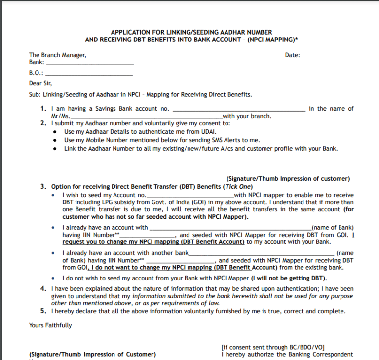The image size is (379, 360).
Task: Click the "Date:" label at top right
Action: coord(292,55)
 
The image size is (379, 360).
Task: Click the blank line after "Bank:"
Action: coord(89,64)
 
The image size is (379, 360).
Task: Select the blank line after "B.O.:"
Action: coord(88,74)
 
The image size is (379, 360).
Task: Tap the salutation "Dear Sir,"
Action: coord(40,83)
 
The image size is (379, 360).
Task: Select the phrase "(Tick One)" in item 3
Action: coord(238,187)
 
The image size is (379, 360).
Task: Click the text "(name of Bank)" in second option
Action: coord(333,228)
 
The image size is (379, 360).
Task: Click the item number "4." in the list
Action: coord(43,288)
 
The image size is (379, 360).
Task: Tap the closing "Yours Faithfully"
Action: coord(50,325)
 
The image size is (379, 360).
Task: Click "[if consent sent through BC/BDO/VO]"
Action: coord(273,347)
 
